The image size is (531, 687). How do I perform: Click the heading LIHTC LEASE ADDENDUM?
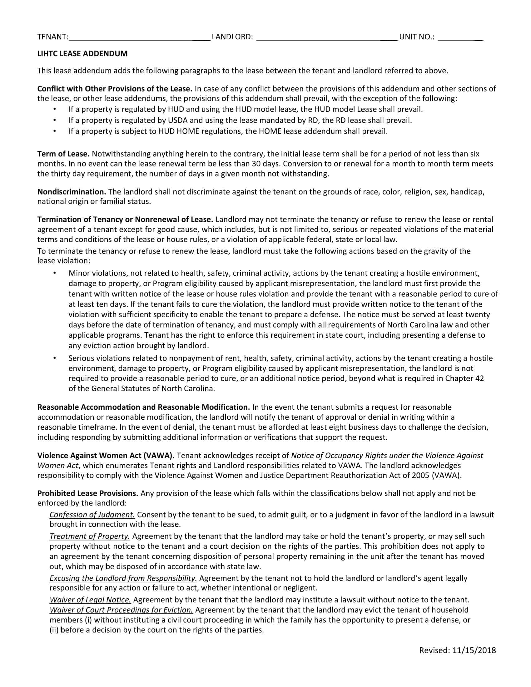pos(82,54)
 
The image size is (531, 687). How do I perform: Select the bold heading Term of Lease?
pos(63,154)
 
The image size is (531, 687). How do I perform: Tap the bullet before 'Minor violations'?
pos(55,273)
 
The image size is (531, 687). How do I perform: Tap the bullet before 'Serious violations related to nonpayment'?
pos(55,358)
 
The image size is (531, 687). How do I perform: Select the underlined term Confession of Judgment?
pos(92,515)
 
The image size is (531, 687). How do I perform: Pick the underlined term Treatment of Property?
pos(90,536)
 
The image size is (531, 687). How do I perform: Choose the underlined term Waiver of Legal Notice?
pos(90,600)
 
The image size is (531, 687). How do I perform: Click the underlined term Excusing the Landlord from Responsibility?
pos(123,578)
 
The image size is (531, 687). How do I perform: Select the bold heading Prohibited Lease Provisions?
pos(88,493)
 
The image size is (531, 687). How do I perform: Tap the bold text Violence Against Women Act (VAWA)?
pos(106,456)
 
